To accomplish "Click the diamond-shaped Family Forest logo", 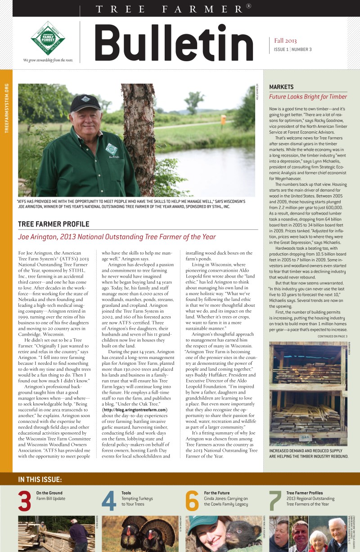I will click(48, 38).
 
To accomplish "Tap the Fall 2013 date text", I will click(286, 40).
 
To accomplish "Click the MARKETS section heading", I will click(281, 87).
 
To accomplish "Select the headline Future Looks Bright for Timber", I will click(308, 97).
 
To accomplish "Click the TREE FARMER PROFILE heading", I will click(54, 224).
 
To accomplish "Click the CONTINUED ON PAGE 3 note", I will click(332, 336).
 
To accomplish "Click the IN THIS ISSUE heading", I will click(40, 480).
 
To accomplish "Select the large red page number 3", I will click(25, 502).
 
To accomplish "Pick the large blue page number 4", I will click(109, 502).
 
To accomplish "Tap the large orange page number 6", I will click(192, 502).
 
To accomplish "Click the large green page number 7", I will click(275, 502).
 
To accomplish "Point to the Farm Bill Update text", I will click(51, 499).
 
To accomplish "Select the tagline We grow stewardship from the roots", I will click(48, 60).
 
